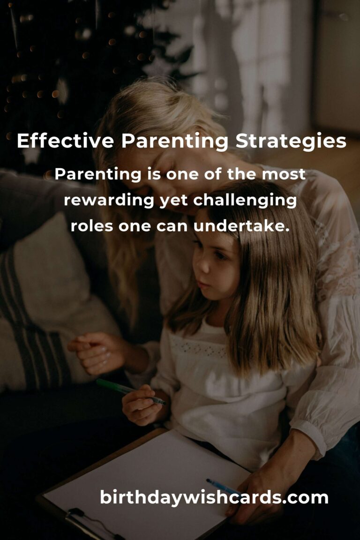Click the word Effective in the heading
click(x=66, y=141)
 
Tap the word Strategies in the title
click(x=291, y=141)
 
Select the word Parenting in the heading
click(x=175, y=141)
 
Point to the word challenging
click(x=245, y=200)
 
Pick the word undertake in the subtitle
click(x=241, y=226)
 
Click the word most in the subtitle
click(x=284, y=174)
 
